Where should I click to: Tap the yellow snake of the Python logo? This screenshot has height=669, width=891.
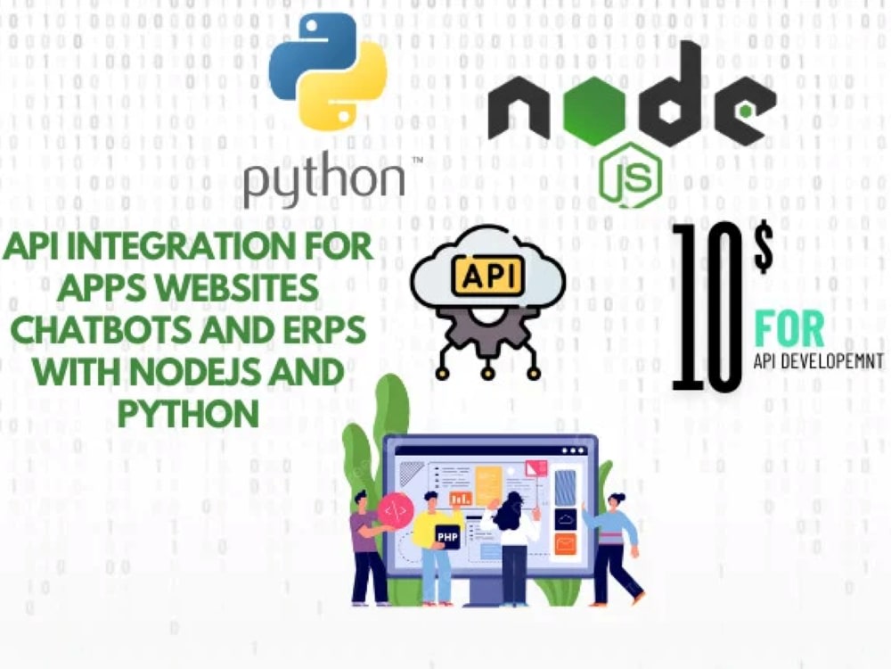click(347, 86)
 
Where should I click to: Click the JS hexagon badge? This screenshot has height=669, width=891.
click(630, 175)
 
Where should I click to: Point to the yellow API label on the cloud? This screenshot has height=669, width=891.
click(487, 277)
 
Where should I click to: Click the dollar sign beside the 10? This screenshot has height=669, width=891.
click(764, 247)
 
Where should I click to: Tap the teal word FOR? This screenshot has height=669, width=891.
click(789, 329)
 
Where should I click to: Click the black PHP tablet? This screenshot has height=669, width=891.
click(448, 536)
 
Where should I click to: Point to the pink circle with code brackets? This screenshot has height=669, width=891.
click(396, 510)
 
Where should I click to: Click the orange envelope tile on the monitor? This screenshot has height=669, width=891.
click(565, 545)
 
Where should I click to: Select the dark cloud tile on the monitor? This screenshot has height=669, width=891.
click(566, 519)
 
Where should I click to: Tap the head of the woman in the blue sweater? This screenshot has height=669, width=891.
click(616, 500)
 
